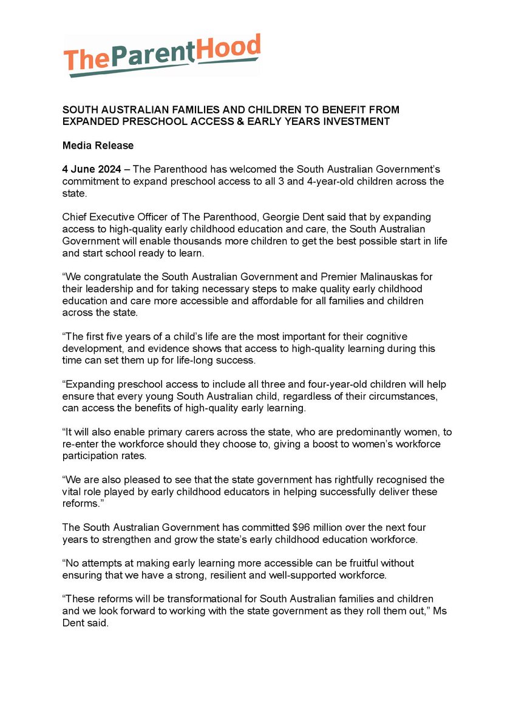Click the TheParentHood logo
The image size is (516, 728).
[162, 55]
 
